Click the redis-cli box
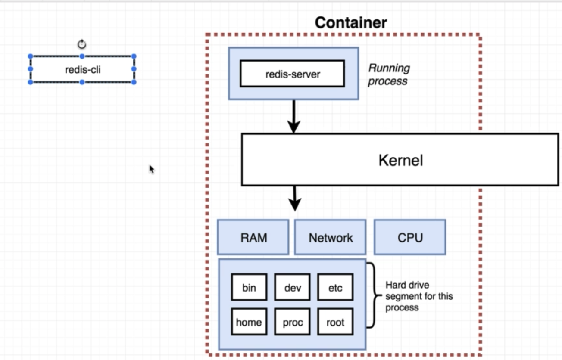click(82, 69)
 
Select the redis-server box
click(293, 74)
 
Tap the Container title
click(350, 22)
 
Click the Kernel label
click(400, 160)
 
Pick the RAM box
click(253, 237)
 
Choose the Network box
click(331, 237)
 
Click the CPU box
click(410, 237)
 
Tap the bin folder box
click(249, 287)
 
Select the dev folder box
click(292, 287)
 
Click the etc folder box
click(335, 287)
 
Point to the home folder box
click(249, 322)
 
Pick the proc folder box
click(292, 322)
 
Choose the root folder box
click(335, 322)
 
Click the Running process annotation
click(389, 74)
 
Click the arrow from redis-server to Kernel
click(294, 116)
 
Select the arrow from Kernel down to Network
click(294, 198)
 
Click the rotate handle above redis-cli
click(82, 44)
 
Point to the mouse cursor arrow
click(152, 169)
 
